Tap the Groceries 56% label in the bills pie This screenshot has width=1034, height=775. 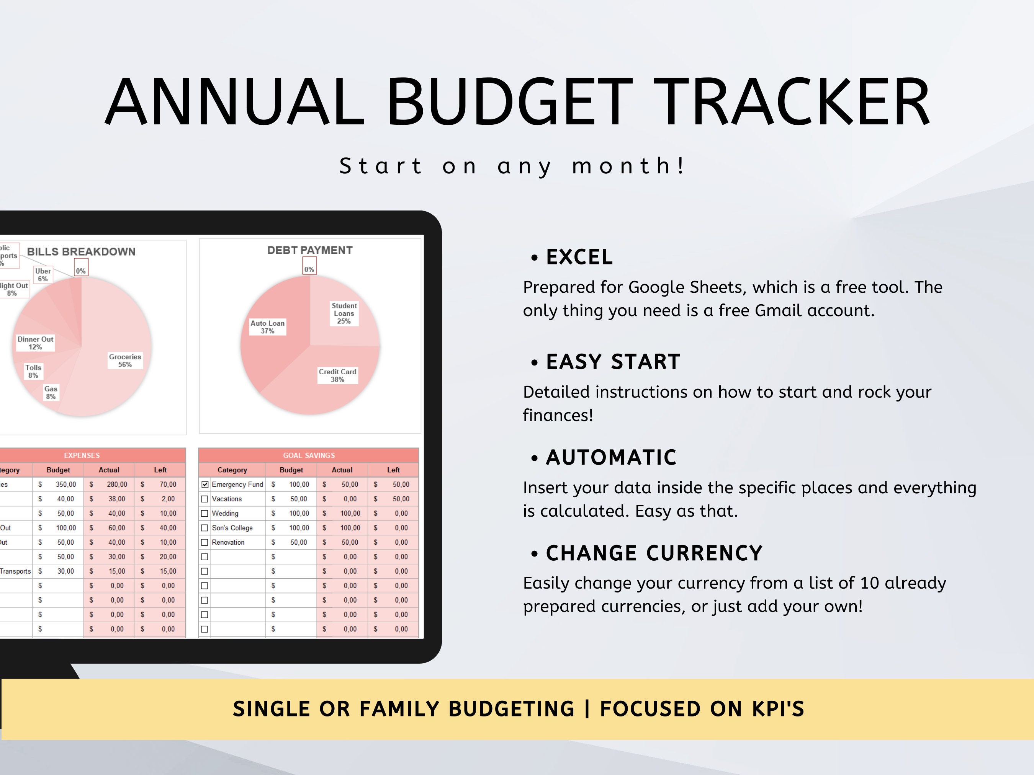tap(125, 361)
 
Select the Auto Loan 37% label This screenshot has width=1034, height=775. tap(267, 327)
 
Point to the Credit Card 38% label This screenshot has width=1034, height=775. tap(337, 375)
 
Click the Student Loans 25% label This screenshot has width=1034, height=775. tap(344, 313)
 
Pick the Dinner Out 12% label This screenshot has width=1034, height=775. tap(35, 343)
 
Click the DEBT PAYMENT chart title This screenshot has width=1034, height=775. tap(310, 250)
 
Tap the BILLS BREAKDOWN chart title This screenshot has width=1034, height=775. tap(81, 252)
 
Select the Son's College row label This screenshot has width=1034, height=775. tap(232, 528)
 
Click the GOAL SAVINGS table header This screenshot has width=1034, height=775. tap(309, 455)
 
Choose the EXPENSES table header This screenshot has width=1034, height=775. tap(82, 455)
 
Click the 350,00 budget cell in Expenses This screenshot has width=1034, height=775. tap(66, 485)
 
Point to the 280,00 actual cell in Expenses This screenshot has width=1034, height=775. tap(117, 485)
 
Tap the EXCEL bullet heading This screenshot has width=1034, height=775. tap(579, 257)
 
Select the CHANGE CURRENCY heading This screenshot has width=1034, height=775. tap(654, 553)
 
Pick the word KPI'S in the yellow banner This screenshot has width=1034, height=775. tap(778, 709)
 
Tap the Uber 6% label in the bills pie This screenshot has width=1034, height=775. tap(43, 275)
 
